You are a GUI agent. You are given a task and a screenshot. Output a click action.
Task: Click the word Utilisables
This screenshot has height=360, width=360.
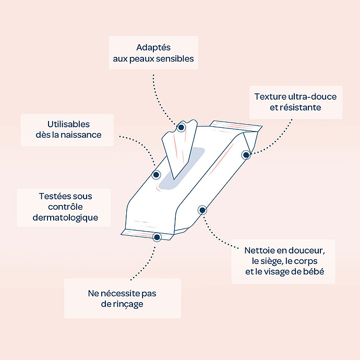coord(67,124)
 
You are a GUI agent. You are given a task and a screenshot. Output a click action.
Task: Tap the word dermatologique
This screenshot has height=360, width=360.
coord(65,218)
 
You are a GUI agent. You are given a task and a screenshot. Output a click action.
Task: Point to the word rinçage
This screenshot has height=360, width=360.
coord(122,304)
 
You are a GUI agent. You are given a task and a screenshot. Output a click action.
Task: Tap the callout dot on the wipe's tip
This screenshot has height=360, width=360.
coord(181,127)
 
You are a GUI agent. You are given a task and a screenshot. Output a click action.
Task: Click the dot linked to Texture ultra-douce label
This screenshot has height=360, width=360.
coord(246,154)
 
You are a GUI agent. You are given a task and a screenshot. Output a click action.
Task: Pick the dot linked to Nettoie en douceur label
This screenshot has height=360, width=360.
coord(202,210)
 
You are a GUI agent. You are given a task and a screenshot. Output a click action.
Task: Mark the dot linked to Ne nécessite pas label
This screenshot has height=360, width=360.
coord(157,237)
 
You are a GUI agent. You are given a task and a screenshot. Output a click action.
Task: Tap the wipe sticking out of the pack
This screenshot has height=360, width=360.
coord(175,149)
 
